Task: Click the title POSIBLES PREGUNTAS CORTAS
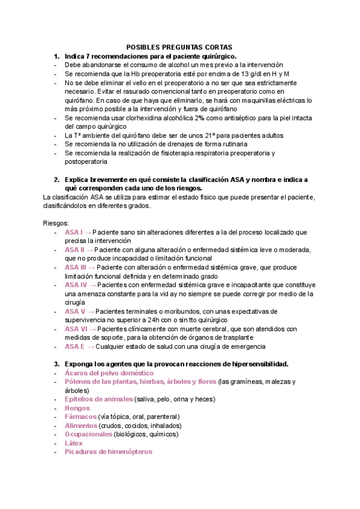click(179, 47)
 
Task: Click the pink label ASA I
click(74, 232)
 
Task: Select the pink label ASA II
click(75, 250)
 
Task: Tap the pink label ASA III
click(76, 267)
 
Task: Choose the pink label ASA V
click(75, 312)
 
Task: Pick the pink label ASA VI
click(76, 329)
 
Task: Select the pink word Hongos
click(77, 408)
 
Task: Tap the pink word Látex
click(74, 443)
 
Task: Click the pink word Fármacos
click(80, 417)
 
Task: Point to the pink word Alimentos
click(81, 426)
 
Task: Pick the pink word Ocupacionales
click(89, 434)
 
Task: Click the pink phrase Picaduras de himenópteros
click(109, 451)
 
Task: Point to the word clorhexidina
click(136, 118)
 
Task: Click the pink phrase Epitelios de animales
click(99, 399)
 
